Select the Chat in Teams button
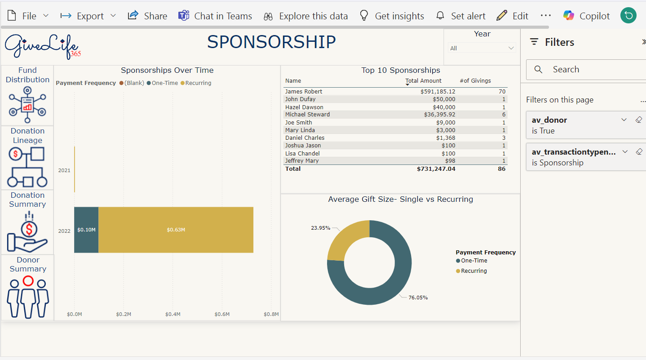click(x=215, y=16)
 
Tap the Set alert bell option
click(x=460, y=16)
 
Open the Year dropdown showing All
click(x=482, y=48)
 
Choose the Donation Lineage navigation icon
click(x=27, y=167)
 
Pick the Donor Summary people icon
click(x=28, y=297)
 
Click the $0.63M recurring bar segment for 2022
click(x=176, y=230)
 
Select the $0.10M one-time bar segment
click(x=86, y=230)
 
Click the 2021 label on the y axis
click(x=64, y=170)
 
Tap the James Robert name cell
click(x=304, y=92)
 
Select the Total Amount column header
click(x=424, y=81)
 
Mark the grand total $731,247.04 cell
click(x=436, y=169)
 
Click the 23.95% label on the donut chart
click(x=320, y=228)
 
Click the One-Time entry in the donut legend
click(x=473, y=261)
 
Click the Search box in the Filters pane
click(x=584, y=69)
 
